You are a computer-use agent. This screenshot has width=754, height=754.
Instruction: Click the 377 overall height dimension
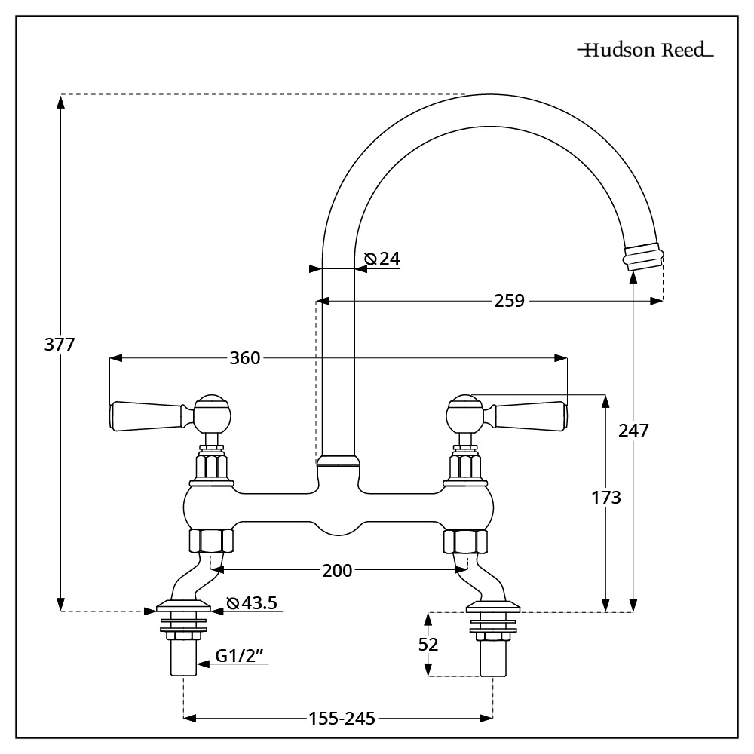coord(60,345)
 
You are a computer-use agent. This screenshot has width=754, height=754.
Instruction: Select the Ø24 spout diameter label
coord(382,259)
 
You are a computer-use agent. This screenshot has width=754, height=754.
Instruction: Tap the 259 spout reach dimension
coord(510,301)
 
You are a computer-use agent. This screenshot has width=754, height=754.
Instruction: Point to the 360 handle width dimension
coord(244,357)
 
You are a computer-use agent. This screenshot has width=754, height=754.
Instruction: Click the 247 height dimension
coord(633,430)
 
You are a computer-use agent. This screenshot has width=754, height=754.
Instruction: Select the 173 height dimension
coord(605,498)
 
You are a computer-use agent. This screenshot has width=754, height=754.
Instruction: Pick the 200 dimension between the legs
coord(337,571)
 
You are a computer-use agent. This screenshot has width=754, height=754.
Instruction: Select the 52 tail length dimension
coord(428,644)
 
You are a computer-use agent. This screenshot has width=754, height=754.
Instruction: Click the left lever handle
coord(148,415)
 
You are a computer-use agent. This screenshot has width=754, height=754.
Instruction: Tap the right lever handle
coord(528,414)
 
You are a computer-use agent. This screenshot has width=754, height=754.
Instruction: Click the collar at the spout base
coord(338,461)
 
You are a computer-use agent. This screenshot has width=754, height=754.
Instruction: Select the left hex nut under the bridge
coord(210,541)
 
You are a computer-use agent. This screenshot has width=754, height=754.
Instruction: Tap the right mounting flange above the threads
coord(494,605)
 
